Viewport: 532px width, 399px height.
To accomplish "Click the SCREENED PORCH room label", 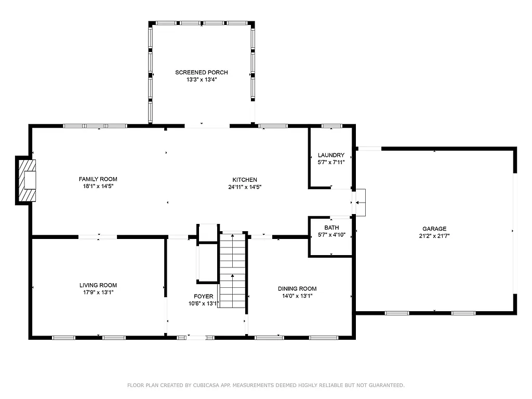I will click(x=201, y=72).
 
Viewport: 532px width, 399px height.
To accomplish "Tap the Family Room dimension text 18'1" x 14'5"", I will click(x=98, y=187).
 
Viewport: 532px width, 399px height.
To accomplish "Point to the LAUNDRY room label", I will click(x=331, y=155).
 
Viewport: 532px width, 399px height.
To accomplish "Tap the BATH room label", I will click(x=331, y=228).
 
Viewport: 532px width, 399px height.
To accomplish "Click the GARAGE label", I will click(x=434, y=229).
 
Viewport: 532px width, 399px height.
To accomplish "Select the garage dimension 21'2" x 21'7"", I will click(x=434, y=236).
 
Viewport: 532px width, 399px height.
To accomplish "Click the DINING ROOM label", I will click(x=297, y=289).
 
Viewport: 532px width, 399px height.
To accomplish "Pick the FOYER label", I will click(x=203, y=296).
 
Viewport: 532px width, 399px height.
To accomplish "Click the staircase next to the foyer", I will click(x=232, y=270).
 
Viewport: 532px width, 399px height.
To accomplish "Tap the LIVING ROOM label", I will click(x=98, y=285).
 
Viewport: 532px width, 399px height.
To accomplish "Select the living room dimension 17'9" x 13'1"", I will click(x=98, y=292).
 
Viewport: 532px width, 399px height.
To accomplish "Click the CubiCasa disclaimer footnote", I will click(x=265, y=385).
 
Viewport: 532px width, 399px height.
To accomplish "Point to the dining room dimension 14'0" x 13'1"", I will click(x=297, y=296).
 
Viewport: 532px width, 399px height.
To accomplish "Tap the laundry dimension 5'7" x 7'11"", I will click(x=331, y=162).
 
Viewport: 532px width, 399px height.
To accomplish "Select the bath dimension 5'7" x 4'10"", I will click(x=331, y=235).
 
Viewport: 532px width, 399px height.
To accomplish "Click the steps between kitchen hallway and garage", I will click(x=361, y=202).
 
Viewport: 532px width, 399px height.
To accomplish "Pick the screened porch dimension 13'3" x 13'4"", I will click(x=201, y=79).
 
